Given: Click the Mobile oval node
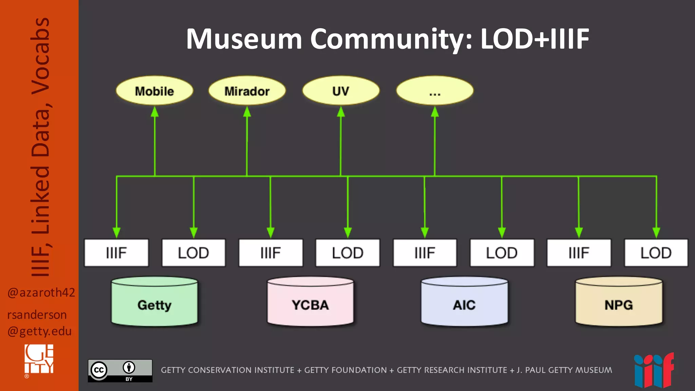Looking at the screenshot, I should pyautogui.click(x=154, y=91).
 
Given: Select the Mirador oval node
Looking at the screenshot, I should pyautogui.click(x=247, y=91).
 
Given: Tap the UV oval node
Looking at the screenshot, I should pyautogui.click(x=341, y=91).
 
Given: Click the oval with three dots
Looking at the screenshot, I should pyautogui.click(x=435, y=91).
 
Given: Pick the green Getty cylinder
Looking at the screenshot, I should pyautogui.click(x=154, y=302).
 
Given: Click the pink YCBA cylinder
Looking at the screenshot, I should pyautogui.click(x=310, y=302).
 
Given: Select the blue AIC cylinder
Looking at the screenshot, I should pyautogui.click(x=464, y=302).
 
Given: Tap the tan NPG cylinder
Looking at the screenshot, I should pyautogui.click(x=619, y=302).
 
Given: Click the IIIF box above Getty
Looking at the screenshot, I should pyautogui.click(x=116, y=253).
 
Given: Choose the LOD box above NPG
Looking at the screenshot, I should pyautogui.click(x=656, y=253).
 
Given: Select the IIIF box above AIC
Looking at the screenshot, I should pyautogui.click(x=425, y=253).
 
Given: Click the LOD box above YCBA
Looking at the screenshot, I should pyautogui.click(x=347, y=253).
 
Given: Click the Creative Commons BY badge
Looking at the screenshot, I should pyautogui.click(x=120, y=371).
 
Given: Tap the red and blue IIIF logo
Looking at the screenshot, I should pyautogui.click(x=654, y=371).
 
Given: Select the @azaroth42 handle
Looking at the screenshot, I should pyautogui.click(x=41, y=292).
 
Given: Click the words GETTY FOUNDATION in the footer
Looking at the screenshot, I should pyautogui.click(x=345, y=370).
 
